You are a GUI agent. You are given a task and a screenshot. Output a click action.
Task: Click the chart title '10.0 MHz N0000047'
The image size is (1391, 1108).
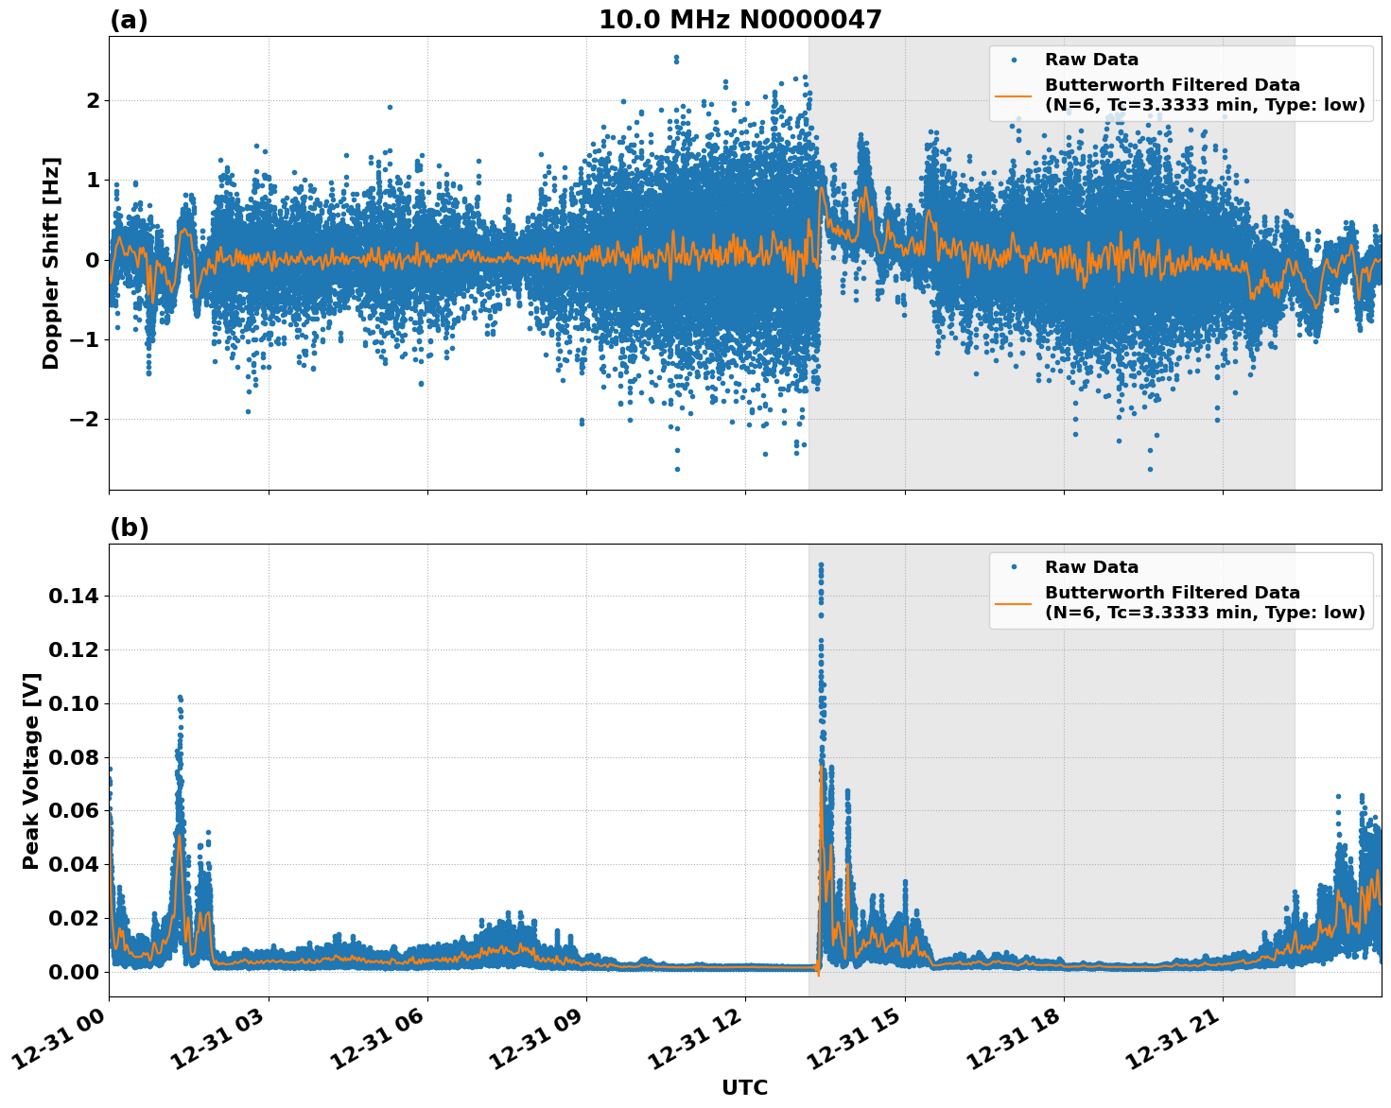739,20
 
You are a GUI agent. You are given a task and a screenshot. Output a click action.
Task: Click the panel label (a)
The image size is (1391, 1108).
129,20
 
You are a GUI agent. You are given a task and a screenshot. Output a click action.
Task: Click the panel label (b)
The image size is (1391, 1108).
129,528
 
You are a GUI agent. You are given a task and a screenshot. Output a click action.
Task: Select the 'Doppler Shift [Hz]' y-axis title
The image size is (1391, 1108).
51,263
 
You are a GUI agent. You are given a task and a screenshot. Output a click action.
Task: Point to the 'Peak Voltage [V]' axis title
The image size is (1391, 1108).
31,770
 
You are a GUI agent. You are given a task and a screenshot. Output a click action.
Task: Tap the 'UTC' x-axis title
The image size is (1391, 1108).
744,1087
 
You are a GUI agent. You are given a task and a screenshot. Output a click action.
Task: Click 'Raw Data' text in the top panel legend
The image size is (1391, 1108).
1091,60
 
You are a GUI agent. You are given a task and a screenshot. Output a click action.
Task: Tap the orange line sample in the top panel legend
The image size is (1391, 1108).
1013,95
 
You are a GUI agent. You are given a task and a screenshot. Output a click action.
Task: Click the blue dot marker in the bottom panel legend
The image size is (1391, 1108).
1013,567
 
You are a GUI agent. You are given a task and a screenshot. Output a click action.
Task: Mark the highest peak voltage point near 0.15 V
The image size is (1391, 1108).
821,565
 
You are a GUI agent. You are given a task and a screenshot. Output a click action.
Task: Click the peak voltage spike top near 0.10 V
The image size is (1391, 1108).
180,698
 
